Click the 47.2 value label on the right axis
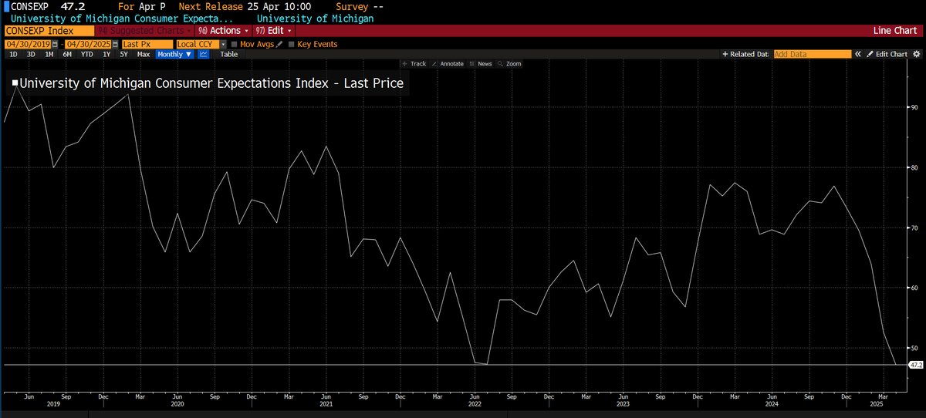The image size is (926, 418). (916, 364)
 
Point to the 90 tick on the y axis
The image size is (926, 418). (914, 107)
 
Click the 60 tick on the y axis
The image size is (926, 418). (914, 288)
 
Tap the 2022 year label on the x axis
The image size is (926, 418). (475, 403)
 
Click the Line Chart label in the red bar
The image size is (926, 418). (894, 30)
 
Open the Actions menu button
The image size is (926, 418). (223, 30)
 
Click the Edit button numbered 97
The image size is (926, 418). (274, 30)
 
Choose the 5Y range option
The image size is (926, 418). (123, 55)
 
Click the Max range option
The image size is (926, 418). (144, 55)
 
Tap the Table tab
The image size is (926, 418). (229, 55)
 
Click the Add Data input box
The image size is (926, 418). (812, 55)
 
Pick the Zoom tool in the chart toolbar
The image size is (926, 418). (510, 64)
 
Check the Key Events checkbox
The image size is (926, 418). (292, 44)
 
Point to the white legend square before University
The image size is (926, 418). (15, 83)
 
